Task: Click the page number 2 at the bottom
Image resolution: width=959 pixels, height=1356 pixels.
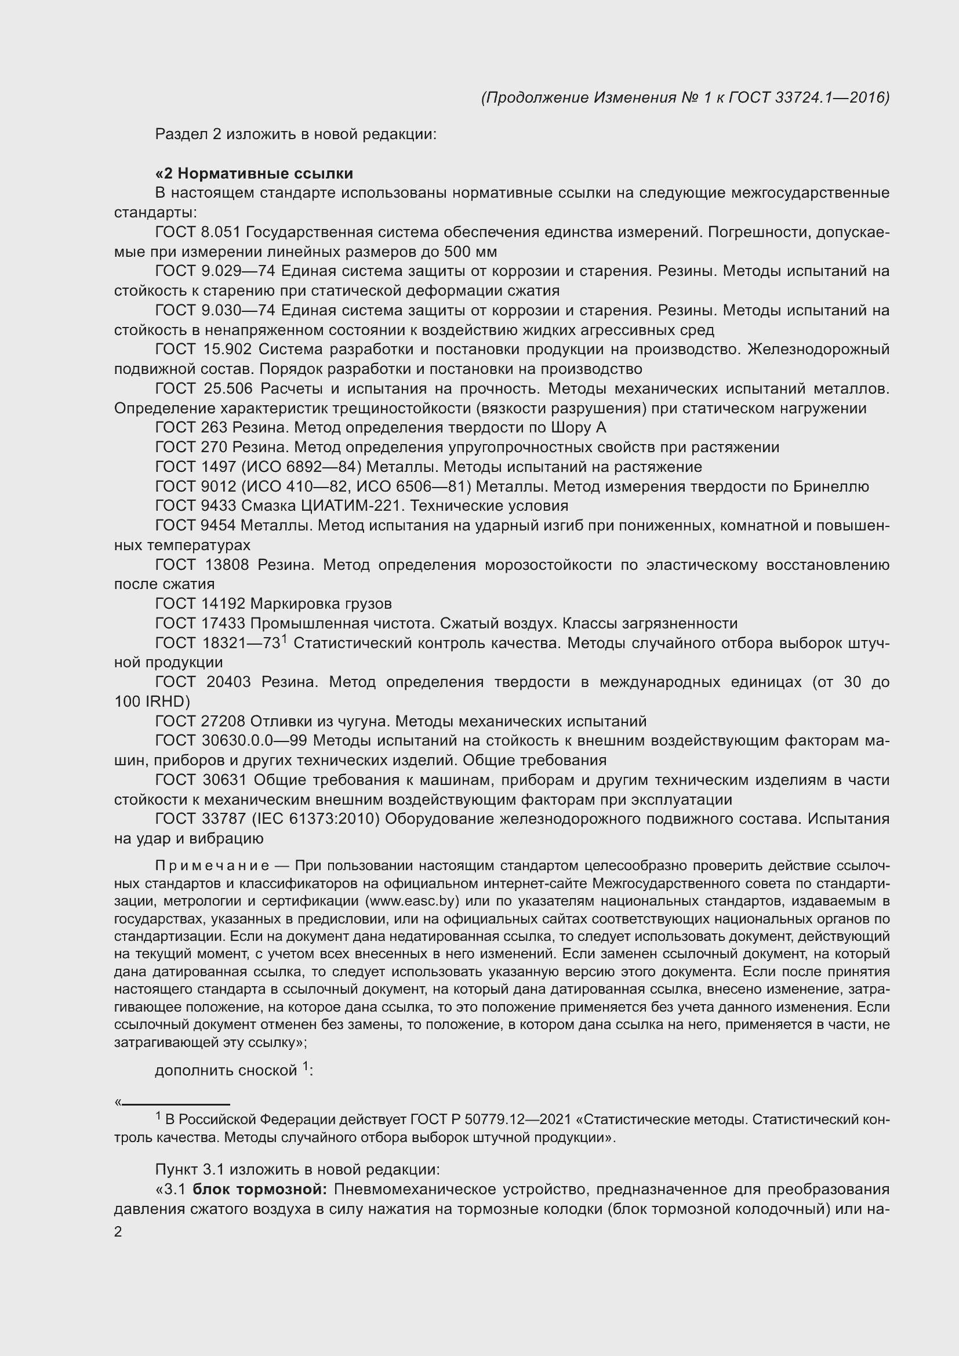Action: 118,1232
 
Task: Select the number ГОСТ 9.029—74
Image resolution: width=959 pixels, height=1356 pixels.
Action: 216,271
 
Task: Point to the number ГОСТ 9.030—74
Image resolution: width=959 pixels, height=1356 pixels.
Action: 216,310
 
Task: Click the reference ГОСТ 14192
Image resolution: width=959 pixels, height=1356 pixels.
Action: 200,604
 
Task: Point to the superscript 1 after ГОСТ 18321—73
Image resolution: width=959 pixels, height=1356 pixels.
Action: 284,638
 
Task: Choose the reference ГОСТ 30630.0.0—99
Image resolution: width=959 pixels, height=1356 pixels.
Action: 230,740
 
